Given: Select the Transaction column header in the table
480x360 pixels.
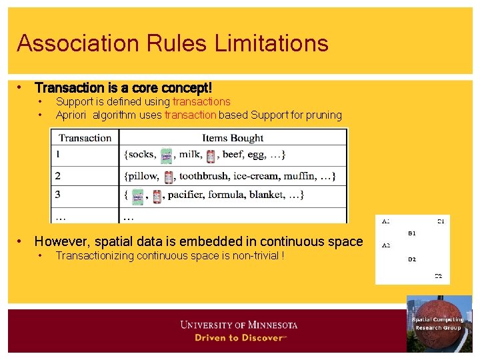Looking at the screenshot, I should point(85,138).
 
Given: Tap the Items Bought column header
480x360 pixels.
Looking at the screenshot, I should point(233,138).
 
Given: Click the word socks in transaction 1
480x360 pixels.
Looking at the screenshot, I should point(141,155).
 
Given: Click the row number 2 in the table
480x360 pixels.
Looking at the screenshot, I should point(58,177).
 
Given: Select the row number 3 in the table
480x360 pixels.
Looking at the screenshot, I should point(58,195).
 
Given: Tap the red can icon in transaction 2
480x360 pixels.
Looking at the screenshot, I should point(169,177).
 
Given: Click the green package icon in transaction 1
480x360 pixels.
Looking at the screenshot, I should point(167,155).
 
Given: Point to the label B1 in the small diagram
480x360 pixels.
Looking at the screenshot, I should point(412,234).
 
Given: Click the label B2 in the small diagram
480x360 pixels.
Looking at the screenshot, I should point(412,259).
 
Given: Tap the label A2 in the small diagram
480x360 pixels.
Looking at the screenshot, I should point(385,245).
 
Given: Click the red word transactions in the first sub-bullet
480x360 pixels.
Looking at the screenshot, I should point(201,102).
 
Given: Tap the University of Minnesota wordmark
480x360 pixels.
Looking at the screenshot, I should point(239,325).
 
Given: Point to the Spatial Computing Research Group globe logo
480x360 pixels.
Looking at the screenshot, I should point(438,324).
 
